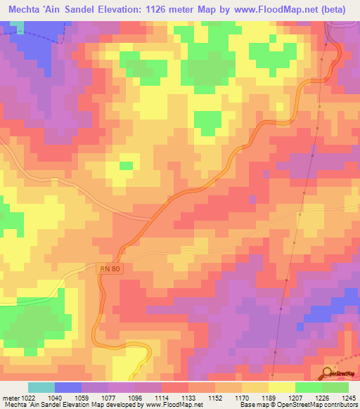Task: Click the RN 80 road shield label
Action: (105, 268)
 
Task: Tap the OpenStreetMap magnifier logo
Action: (328, 374)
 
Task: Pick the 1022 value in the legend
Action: (25, 397)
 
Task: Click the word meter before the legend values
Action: (8, 397)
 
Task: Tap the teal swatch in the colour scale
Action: (41, 387)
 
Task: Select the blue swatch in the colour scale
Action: (68, 387)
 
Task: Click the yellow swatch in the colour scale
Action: (281, 387)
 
